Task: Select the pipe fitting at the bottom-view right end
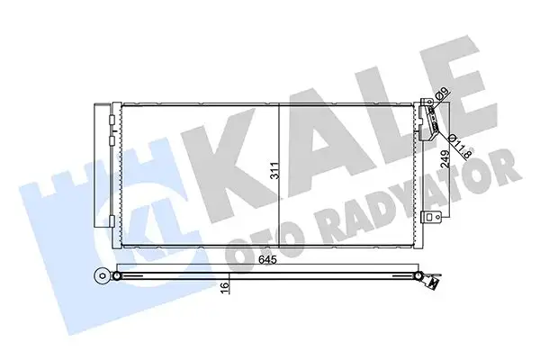[432, 282]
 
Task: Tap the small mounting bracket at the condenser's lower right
[433, 217]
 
